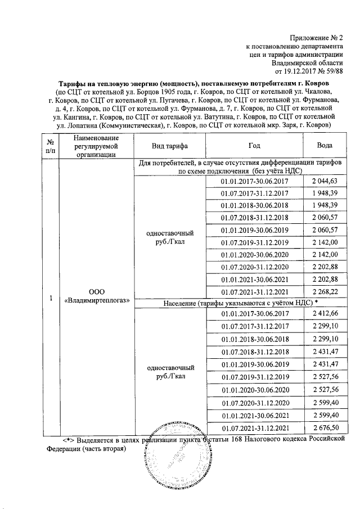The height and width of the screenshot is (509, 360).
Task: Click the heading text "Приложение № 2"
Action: (315, 36)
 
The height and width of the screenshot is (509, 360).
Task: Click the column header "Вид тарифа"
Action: (170, 145)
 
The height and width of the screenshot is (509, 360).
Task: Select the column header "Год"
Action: (254, 145)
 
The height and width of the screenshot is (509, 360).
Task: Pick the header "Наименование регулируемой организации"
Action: (96, 145)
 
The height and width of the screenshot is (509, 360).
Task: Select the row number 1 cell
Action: (51, 297)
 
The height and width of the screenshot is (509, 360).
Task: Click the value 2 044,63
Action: (323, 181)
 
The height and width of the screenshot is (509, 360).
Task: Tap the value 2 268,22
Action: (323, 292)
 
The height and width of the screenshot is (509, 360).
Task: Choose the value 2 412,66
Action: (323, 313)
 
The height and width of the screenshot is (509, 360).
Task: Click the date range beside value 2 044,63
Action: (254, 181)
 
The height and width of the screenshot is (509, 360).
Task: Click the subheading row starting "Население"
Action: (236, 303)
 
